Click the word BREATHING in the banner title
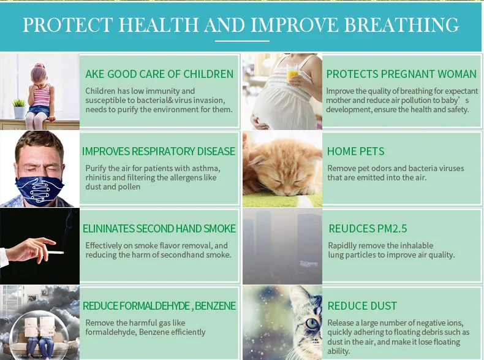point(401,25)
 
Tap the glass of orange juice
point(292,74)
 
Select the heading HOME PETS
point(355,151)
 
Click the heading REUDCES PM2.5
point(368,229)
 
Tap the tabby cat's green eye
point(312,323)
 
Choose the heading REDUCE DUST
point(362,306)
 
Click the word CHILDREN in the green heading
point(208,74)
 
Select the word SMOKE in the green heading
point(219,229)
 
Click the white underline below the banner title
point(243,41)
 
